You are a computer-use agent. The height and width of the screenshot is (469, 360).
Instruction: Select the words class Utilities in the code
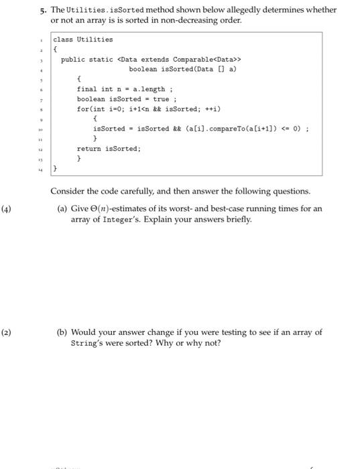pyautogui.click(x=83, y=40)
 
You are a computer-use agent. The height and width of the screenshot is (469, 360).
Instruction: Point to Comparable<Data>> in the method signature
pyautogui.click(x=200, y=59)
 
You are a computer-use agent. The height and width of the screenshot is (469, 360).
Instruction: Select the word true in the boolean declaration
pyautogui.click(x=161, y=99)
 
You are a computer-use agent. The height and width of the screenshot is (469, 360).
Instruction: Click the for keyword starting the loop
pyautogui.click(x=82, y=109)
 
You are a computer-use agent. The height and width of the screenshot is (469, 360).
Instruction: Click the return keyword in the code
pyautogui.click(x=88, y=149)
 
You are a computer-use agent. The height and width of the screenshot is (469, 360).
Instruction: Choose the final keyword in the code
pyautogui.click(x=86, y=89)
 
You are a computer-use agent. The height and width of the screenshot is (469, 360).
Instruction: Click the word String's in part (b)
pyautogui.click(x=88, y=343)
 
